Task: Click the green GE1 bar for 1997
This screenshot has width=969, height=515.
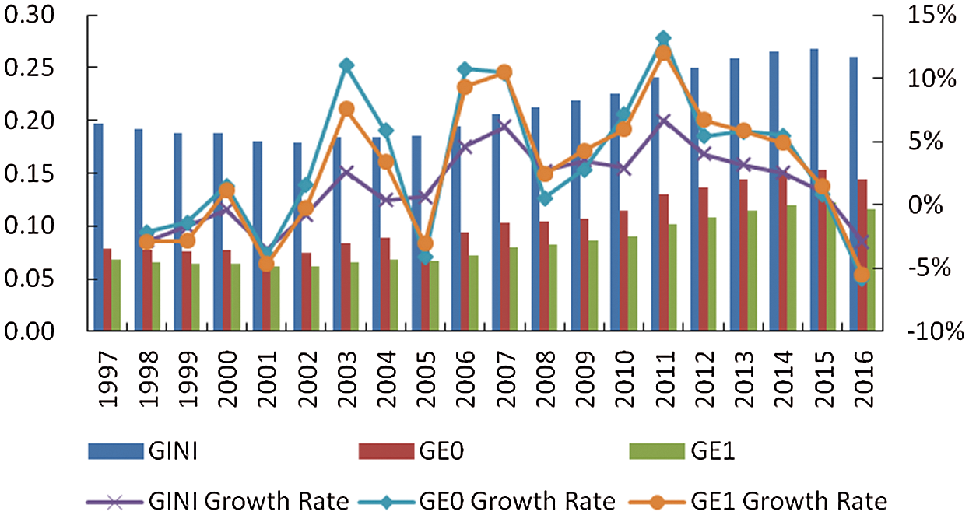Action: click(x=116, y=295)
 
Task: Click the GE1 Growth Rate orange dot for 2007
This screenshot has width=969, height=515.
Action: click(x=504, y=72)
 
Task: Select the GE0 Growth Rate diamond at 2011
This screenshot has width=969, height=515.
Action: click(x=663, y=38)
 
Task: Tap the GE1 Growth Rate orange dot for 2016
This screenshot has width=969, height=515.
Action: click(x=861, y=275)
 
